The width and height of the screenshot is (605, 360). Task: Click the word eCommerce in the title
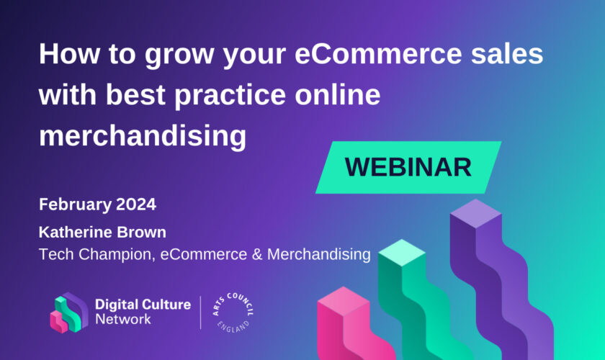click(x=378, y=53)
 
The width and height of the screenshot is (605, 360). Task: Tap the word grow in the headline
click(x=179, y=56)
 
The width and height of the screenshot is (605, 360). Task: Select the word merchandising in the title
click(x=143, y=137)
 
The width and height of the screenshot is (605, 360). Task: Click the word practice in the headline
click(x=230, y=96)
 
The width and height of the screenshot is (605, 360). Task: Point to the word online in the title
click(x=338, y=94)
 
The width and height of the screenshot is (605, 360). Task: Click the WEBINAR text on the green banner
click(x=408, y=168)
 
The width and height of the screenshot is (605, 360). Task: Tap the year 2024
click(x=136, y=204)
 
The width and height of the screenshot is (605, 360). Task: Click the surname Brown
click(x=142, y=233)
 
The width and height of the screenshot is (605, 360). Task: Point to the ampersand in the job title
click(x=257, y=254)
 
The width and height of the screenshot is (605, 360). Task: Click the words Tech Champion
click(x=97, y=255)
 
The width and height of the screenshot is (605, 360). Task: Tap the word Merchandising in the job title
click(x=318, y=255)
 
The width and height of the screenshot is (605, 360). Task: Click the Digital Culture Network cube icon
click(x=68, y=312)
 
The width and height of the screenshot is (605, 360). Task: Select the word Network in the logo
click(x=123, y=319)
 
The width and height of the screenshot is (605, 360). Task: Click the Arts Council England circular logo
click(x=233, y=313)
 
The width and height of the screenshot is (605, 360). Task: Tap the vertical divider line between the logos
click(x=201, y=312)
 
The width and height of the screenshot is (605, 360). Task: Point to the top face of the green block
click(x=402, y=253)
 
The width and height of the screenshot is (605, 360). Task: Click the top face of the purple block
click(x=476, y=213)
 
